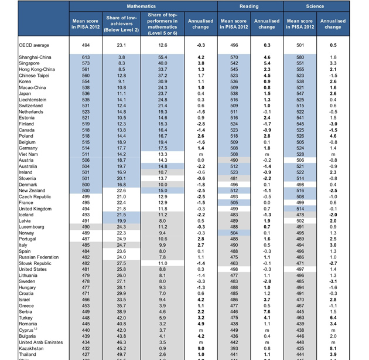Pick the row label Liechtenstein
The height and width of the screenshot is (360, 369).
pos(35,100)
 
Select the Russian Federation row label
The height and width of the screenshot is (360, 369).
pos(40,257)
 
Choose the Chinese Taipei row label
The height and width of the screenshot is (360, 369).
pos(35,75)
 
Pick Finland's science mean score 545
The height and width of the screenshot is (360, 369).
pos(300,124)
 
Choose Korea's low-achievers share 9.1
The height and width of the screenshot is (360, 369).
pos(122,81)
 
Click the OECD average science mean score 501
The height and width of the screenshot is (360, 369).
pos(300,45)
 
